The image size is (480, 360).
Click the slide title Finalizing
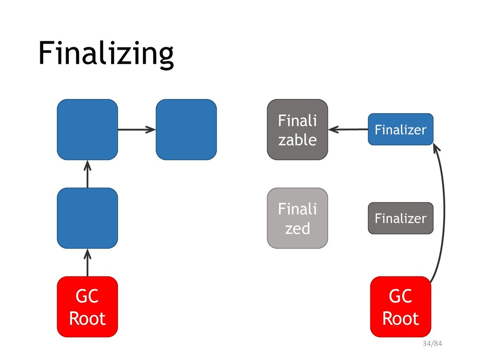pyautogui.click(x=106, y=53)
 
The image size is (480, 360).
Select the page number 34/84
pyautogui.click(x=432, y=344)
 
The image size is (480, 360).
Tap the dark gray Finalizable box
pyautogui.click(x=298, y=129)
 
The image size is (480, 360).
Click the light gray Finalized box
pyautogui.click(x=298, y=218)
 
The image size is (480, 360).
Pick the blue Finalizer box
pyautogui.click(x=401, y=129)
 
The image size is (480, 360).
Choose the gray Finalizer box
pyautogui.click(x=401, y=218)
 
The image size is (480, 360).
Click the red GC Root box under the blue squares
pyautogui.click(x=88, y=307)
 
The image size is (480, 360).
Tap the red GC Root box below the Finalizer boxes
pyautogui.click(x=401, y=307)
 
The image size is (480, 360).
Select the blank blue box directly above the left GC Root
pyautogui.click(x=88, y=218)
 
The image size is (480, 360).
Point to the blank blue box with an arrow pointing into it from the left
pyautogui.click(x=187, y=129)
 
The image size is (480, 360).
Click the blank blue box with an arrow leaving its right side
pyautogui.click(x=88, y=129)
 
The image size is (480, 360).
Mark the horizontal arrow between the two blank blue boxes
pyautogui.click(x=137, y=129)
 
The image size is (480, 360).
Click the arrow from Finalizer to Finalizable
pyautogui.click(x=348, y=129)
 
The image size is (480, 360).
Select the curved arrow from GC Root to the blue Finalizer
pyautogui.click(x=444, y=211)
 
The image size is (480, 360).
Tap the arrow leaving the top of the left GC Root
pyautogui.click(x=88, y=262)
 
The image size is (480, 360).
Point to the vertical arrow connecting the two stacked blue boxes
pyautogui.click(x=88, y=174)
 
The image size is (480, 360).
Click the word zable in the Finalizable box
pyautogui.click(x=298, y=140)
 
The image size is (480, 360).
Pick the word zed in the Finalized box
pyautogui.click(x=298, y=228)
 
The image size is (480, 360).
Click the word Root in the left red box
pyautogui.click(x=88, y=318)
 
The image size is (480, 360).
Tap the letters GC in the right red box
pyautogui.click(x=401, y=296)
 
